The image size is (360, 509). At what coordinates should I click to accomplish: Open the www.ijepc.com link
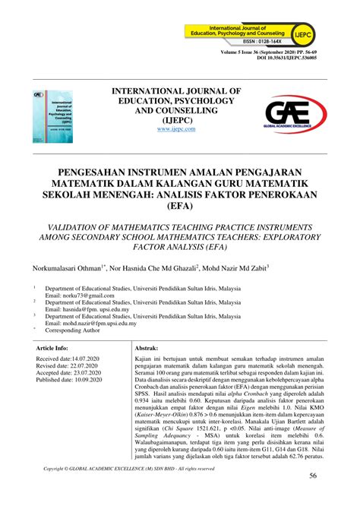176,129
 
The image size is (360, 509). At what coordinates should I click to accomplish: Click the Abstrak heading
146,346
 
